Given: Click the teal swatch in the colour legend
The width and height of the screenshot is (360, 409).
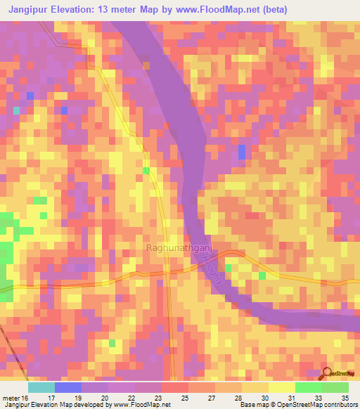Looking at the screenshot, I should [x=41, y=387].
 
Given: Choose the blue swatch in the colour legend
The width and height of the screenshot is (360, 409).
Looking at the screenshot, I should [x=68, y=387].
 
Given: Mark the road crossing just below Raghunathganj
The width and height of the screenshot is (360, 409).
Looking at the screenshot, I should [x=169, y=271].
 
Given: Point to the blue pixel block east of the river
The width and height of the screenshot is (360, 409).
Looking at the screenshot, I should [x=242, y=152].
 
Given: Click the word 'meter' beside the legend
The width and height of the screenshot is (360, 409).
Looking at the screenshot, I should [x=10, y=398].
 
